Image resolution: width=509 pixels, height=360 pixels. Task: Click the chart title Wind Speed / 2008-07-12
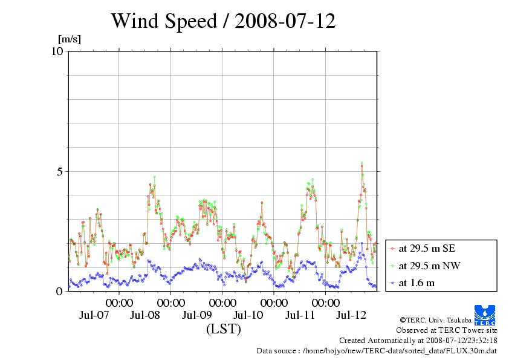tap(222, 22)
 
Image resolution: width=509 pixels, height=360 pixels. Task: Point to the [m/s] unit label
tap(69, 40)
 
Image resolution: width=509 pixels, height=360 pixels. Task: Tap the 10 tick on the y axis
tap(57, 51)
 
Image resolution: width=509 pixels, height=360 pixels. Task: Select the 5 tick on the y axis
tap(60, 171)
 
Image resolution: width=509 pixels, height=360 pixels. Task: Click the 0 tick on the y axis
tap(60, 291)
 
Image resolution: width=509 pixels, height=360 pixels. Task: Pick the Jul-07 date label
tap(94, 315)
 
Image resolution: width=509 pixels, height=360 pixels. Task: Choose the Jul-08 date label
tap(145, 315)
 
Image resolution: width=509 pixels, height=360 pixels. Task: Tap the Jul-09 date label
tap(196, 315)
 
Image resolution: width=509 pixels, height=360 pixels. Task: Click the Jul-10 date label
tap(248, 315)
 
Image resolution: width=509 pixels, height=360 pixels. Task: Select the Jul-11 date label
tap(299, 315)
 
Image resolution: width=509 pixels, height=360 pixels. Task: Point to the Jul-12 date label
tap(351, 315)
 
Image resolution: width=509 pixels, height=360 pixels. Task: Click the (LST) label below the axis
tap(223, 329)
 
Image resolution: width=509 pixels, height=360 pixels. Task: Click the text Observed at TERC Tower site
tap(446, 330)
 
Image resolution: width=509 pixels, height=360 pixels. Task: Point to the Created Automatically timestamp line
tap(418, 340)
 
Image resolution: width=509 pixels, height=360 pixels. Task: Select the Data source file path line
tap(377, 350)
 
